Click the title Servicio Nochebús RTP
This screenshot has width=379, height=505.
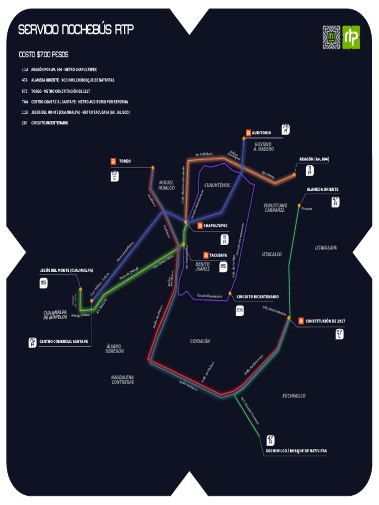[x=76, y=31]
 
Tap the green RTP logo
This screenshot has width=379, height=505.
[x=351, y=37]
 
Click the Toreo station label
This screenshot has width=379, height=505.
[x=125, y=161]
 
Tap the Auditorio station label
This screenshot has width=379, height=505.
[x=261, y=133]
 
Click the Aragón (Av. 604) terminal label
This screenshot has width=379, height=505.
[x=314, y=159]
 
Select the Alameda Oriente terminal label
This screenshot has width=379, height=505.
[x=323, y=189]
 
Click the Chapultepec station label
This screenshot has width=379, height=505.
[x=215, y=226]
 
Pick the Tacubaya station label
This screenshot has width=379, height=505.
[x=218, y=255]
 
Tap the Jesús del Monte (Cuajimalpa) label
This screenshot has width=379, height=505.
[x=67, y=270]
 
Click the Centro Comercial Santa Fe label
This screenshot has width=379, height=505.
[x=64, y=341]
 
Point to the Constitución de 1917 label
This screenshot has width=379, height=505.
[x=325, y=322]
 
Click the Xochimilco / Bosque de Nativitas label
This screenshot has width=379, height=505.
[x=296, y=451]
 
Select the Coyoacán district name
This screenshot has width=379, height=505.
[x=200, y=341]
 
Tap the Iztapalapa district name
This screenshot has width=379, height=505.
[x=326, y=248]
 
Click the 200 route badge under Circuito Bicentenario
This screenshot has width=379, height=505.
[x=240, y=311]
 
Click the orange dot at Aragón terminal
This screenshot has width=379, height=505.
[x=294, y=175]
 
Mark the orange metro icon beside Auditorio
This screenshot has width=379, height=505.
[x=248, y=133]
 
